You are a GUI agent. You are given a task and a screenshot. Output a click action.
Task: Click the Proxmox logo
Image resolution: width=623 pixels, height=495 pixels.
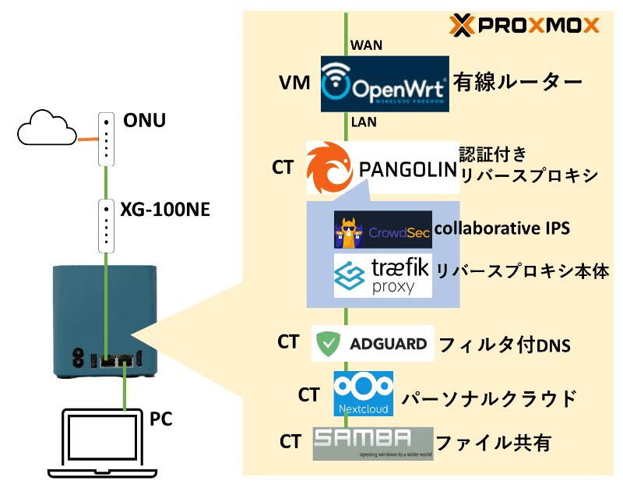[526, 26]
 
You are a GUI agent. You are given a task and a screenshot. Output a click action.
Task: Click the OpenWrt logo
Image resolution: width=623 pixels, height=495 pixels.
[385, 83]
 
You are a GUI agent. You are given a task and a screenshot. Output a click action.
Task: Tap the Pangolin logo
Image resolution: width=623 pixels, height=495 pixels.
[380, 168]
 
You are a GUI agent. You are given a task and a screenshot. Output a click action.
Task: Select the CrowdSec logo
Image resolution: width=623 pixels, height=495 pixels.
[382, 229]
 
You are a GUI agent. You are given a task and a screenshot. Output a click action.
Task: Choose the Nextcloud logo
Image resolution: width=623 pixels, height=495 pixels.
[363, 394]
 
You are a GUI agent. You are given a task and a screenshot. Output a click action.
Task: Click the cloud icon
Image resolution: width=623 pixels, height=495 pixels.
[46, 127]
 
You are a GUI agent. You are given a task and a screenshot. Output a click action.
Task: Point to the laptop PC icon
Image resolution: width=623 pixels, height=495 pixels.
[104, 445]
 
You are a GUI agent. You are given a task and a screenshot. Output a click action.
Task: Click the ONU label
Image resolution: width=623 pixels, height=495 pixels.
[145, 122]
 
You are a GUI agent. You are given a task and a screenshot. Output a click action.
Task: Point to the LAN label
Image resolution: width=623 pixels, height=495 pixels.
[365, 122]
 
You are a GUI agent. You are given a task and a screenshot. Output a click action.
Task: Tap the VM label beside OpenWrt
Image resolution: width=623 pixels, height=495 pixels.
[297, 83]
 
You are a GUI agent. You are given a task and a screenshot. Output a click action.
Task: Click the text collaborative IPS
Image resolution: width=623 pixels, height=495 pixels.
[502, 228]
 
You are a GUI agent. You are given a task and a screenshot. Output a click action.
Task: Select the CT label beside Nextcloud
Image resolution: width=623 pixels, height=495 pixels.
[309, 394]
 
